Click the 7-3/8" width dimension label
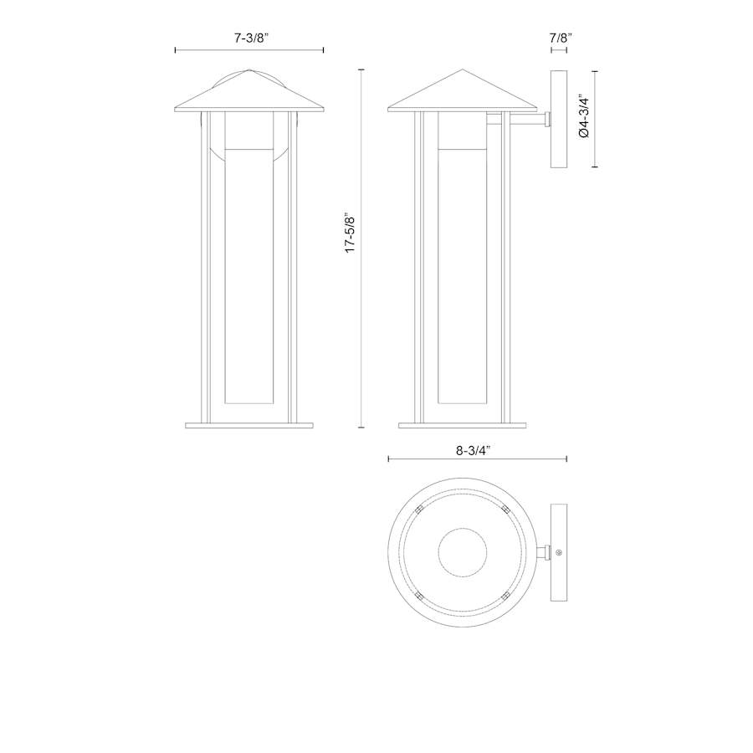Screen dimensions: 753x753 point(248,38)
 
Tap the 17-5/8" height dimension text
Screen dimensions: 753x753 point(351,233)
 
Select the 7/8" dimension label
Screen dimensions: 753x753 point(560,38)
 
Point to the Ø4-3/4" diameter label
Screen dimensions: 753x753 point(585,119)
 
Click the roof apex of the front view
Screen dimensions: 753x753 point(249,70)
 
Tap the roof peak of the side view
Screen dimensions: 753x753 point(463,70)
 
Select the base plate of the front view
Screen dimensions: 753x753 point(248,425)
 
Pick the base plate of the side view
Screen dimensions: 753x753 point(463,425)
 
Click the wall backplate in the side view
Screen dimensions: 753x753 point(559,119)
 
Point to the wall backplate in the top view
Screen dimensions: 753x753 point(559,552)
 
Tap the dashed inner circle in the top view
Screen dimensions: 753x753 point(462,552)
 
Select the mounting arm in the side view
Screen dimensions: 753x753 point(525,125)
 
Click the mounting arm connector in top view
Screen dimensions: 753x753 point(543,552)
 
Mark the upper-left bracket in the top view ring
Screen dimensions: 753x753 point(421,508)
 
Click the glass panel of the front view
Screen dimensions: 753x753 point(248,276)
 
